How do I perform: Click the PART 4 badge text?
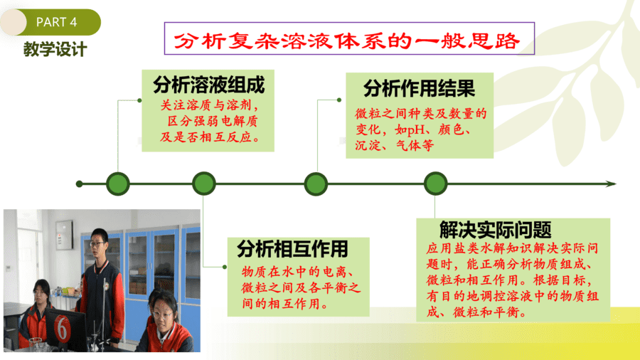click(x=56, y=22)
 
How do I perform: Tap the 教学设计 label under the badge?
click(x=55, y=49)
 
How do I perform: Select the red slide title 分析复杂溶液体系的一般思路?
click(x=347, y=41)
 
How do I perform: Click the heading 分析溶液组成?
click(x=208, y=85)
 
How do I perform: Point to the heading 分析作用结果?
click(x=419, y=88)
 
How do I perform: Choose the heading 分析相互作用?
click(x=292, y=248)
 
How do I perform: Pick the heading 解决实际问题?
click(x=496, y=230)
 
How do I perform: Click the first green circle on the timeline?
click(x=118, y=184)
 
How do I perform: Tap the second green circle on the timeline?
click(x=204, y=184)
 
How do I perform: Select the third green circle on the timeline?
click(x=316, y=184)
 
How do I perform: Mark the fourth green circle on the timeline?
click(x=435, y=184)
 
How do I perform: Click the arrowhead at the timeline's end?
click(x=611, y=184)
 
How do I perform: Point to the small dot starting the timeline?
click(x=79, y=184)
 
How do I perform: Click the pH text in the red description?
click(x=416, y=129)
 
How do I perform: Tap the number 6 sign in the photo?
click(x=62, y=328)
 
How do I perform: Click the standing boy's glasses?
click(x=97, y=244)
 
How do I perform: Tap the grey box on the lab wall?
click(x=64, y=235)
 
